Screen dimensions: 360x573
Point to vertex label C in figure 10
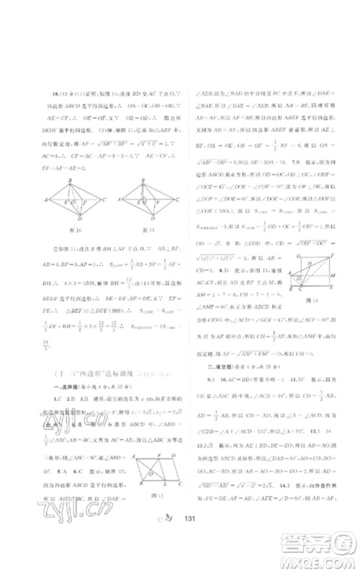tap(106, 199)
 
